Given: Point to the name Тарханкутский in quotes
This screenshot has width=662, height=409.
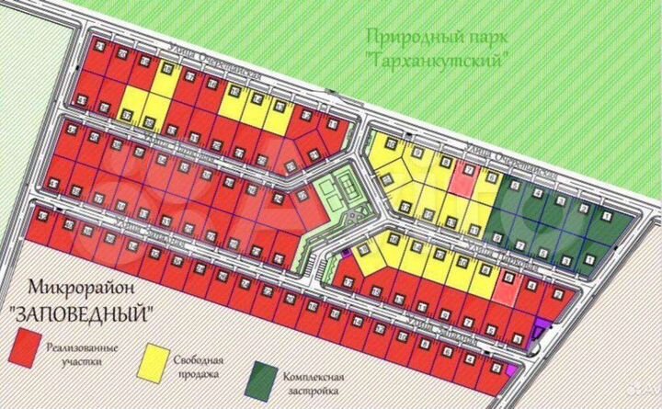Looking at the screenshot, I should tap(439, 60).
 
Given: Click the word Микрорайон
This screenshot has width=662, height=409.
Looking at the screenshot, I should tap(76, 288).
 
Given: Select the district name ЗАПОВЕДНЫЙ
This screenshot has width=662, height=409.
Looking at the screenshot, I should tap(80, 312).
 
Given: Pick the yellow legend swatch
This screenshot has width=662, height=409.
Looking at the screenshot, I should tap(156, 358).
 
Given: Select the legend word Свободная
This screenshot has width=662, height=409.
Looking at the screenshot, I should tap(205, 360).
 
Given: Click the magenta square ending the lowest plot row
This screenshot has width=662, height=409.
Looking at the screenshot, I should tap(511, 370).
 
